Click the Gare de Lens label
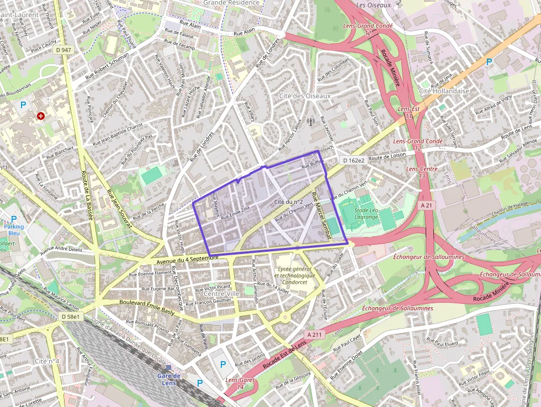tap(168, 379)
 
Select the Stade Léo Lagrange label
tap(367, 214)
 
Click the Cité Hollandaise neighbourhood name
tap(444, 91)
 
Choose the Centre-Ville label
tap(221, 293)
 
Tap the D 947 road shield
tap(63, 50)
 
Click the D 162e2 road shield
tap(353, 160)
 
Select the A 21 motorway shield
tap(425, 205)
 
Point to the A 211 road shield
tap(314, 335)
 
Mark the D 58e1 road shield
tap(71, 316)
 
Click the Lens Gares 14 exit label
tap(240, 383)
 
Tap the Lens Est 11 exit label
tap(409, 113)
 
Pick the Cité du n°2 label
tap(289, 202)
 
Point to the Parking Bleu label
tap(14, 229)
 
